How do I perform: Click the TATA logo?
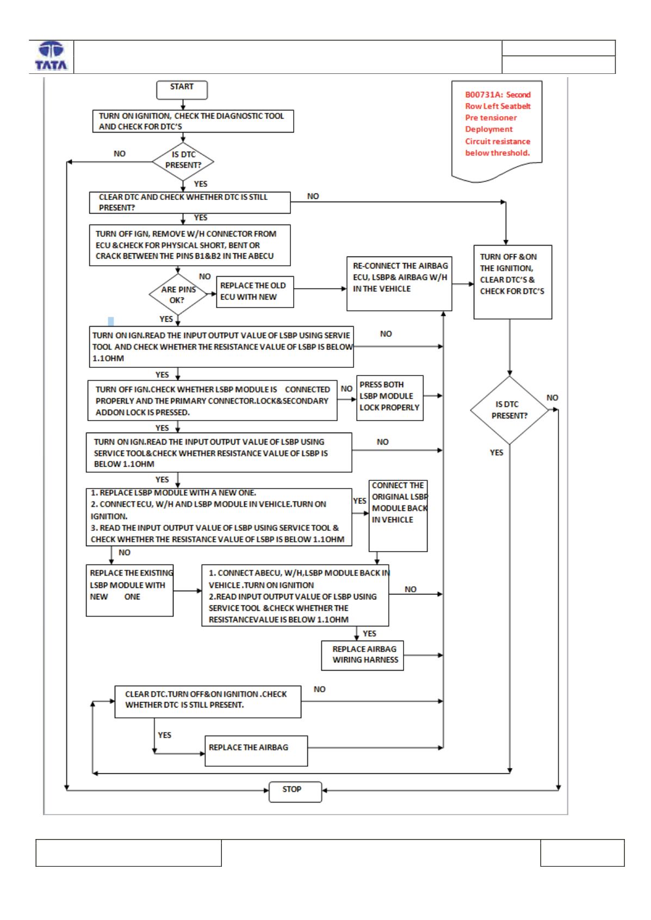pyautogui.click(x=51, y=56)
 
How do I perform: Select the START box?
pyautogui.click(x=182, y=90)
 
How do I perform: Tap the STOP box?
pyautogui.click(x=295, y=791)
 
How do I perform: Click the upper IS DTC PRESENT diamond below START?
pyautogui.click(x=183, y=161)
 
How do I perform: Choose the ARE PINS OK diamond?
pyautogui.click(x=178, y=294)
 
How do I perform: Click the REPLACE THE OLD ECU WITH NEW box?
pyautogui.click(x=255, y=292)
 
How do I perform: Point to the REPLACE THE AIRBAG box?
pyautogui.click(x=256, y=751)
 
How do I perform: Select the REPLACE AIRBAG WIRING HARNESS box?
pyautogui.click(x=362, y=655)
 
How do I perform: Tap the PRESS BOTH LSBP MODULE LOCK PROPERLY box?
pyautogui.click(x=389, y=398)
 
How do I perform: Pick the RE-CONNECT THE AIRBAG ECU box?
pyautogui.click(x=399, y=284)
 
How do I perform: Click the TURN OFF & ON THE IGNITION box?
pyautogui.click(x=512, y=281)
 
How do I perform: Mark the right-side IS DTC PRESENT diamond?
pyautogui.click(x=509, y=410)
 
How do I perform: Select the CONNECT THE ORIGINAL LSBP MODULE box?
pyautogui.click(x=398, y=516)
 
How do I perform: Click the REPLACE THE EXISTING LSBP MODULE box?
pyautogui.click(x=129, y=590)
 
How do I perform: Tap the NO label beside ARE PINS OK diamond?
pyautogui.click(x=204, y=277)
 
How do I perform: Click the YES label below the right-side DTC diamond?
pyautogui.click(x=496, y=452)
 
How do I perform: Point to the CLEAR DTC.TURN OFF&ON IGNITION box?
pyautogui.click(x=208, y=702)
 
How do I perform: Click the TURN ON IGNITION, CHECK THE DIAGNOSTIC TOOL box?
pyautogui.click(x=193, y=121)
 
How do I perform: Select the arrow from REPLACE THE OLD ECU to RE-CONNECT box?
pyautogui.click(x=320, y=289)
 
